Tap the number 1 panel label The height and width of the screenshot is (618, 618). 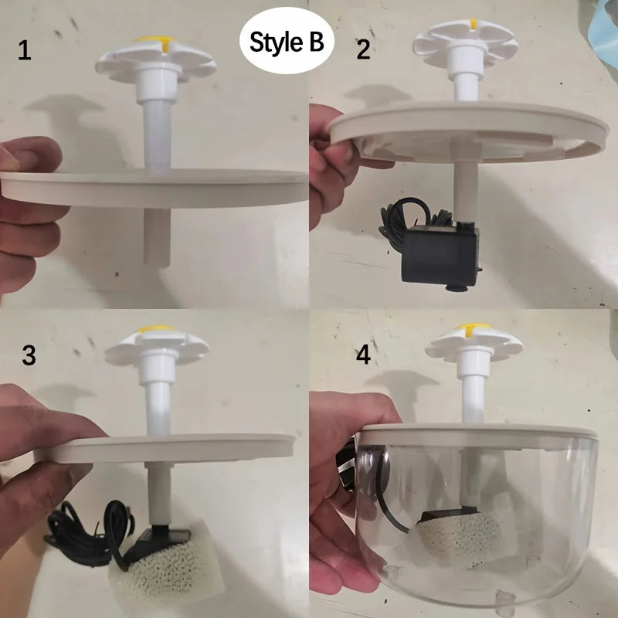point(26,52)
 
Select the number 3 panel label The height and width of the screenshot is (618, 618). point(29,355)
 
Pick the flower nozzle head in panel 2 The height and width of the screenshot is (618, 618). point(465,42)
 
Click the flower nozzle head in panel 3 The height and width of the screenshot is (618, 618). point(157,346)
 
